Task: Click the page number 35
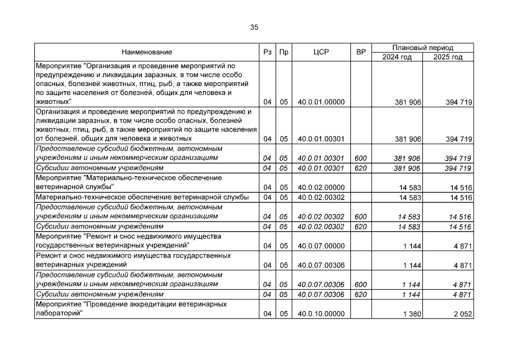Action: [x=254, y=27]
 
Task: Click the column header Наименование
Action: [x=147, y=52]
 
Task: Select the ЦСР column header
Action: [x=321, y=52]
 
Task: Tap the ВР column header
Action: [x=361, y=52]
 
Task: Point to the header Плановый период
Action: [x=423, y=48]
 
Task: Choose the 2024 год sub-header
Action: [x=397, y=57]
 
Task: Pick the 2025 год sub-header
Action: [x=448, y=57]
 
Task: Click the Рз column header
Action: [x=267, y=52]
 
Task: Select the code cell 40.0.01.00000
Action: [x=321, y=102]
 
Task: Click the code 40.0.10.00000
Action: [x=321, y=314]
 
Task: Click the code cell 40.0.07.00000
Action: [x=321, y=246]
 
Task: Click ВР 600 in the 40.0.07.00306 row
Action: [x=361, y=285]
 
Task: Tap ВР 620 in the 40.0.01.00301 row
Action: [x=361, y=168]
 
